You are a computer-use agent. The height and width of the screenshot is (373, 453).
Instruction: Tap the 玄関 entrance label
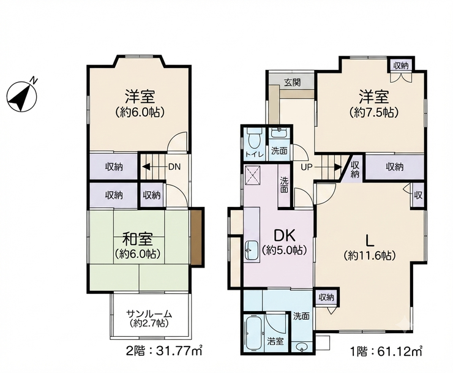pyautogui.click(x=293, y=83)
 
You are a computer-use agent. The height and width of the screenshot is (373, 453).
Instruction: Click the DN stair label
pyautogui.click(x=174, y=167)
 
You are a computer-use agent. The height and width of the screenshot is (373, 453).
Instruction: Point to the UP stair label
pyautogui.click(x=307, y=167)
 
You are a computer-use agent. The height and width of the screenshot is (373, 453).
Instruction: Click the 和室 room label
pyautogui.click(x=138, y=239)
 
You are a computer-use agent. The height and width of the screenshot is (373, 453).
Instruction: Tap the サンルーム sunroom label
pyautogui.click(x=149, y=314)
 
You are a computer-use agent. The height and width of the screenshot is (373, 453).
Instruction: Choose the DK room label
pyautogui.click(x=284, y=236)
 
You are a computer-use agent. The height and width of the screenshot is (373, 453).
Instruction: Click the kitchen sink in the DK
pyautogui.click(x=252, y=251)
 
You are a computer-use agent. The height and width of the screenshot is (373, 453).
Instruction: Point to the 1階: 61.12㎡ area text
pyautogui.click(x=386, y=352)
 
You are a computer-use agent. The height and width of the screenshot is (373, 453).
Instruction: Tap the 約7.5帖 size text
pyautogui.click(x=374, y=112)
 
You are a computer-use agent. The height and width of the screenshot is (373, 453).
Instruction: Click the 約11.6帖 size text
pyautogui.click(x=370, y=255)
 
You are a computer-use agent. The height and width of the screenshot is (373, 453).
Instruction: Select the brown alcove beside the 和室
pyautogui.click(x=197, y=238)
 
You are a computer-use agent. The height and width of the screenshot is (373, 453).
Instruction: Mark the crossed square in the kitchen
pyautogui.click(x=253, y=176)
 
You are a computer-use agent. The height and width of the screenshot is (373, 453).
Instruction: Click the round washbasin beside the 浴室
pyautogui.click(x=302, y=347)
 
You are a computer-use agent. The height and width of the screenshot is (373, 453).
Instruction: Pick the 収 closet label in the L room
pyautogui.click(x=418, y=196)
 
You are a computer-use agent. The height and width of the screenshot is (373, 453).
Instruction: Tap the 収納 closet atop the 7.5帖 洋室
pyautogui.click(x=401, y=66)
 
